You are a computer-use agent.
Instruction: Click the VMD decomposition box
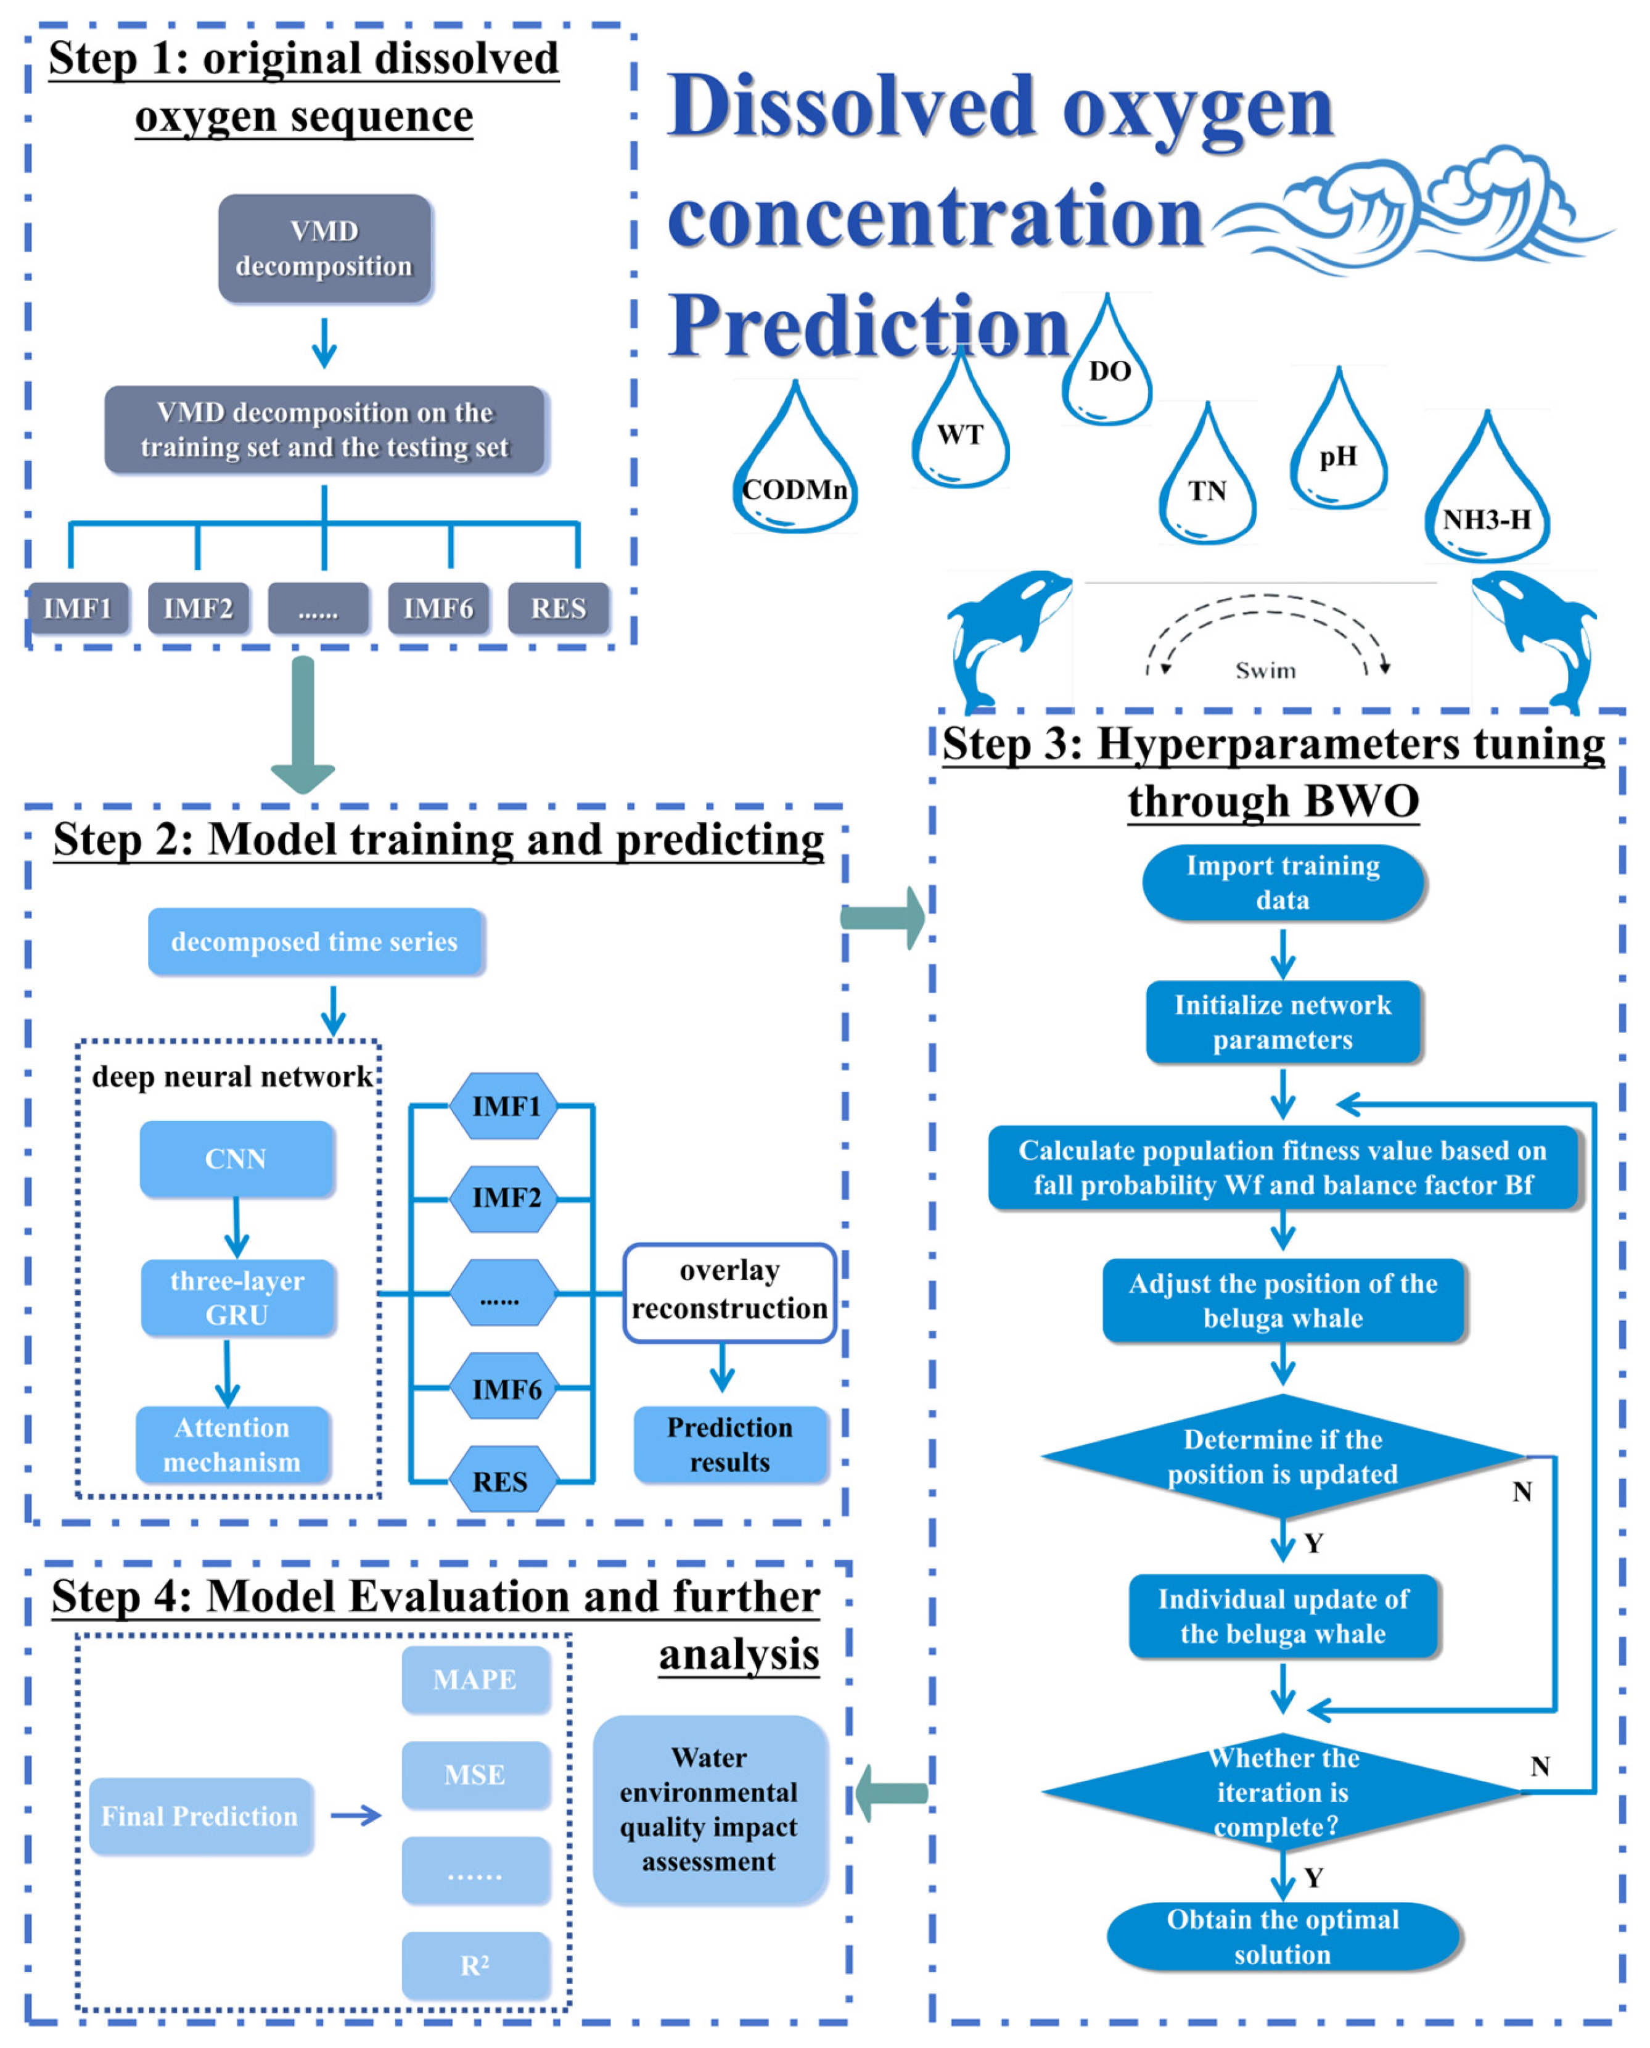click(x=324, y=248)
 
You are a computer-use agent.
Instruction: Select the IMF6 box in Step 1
click(x=438, y=608)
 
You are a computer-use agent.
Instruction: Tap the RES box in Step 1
click(x=558, y=608)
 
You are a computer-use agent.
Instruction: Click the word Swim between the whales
click(x=1265, y=671)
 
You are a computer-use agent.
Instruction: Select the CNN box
click(x=237, y=1158)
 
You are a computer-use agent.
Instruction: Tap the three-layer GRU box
click(x=237, y=1297)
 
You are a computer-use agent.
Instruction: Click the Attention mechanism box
click(x=233, y=1443)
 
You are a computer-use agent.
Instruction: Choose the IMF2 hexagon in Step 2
click(x=505, y=1198)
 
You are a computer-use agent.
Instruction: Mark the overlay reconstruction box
click(x=729, y=1291)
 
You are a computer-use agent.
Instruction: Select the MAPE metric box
click(x=475, y=1679)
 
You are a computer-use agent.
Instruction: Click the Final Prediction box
click(x=200, y=1815)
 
